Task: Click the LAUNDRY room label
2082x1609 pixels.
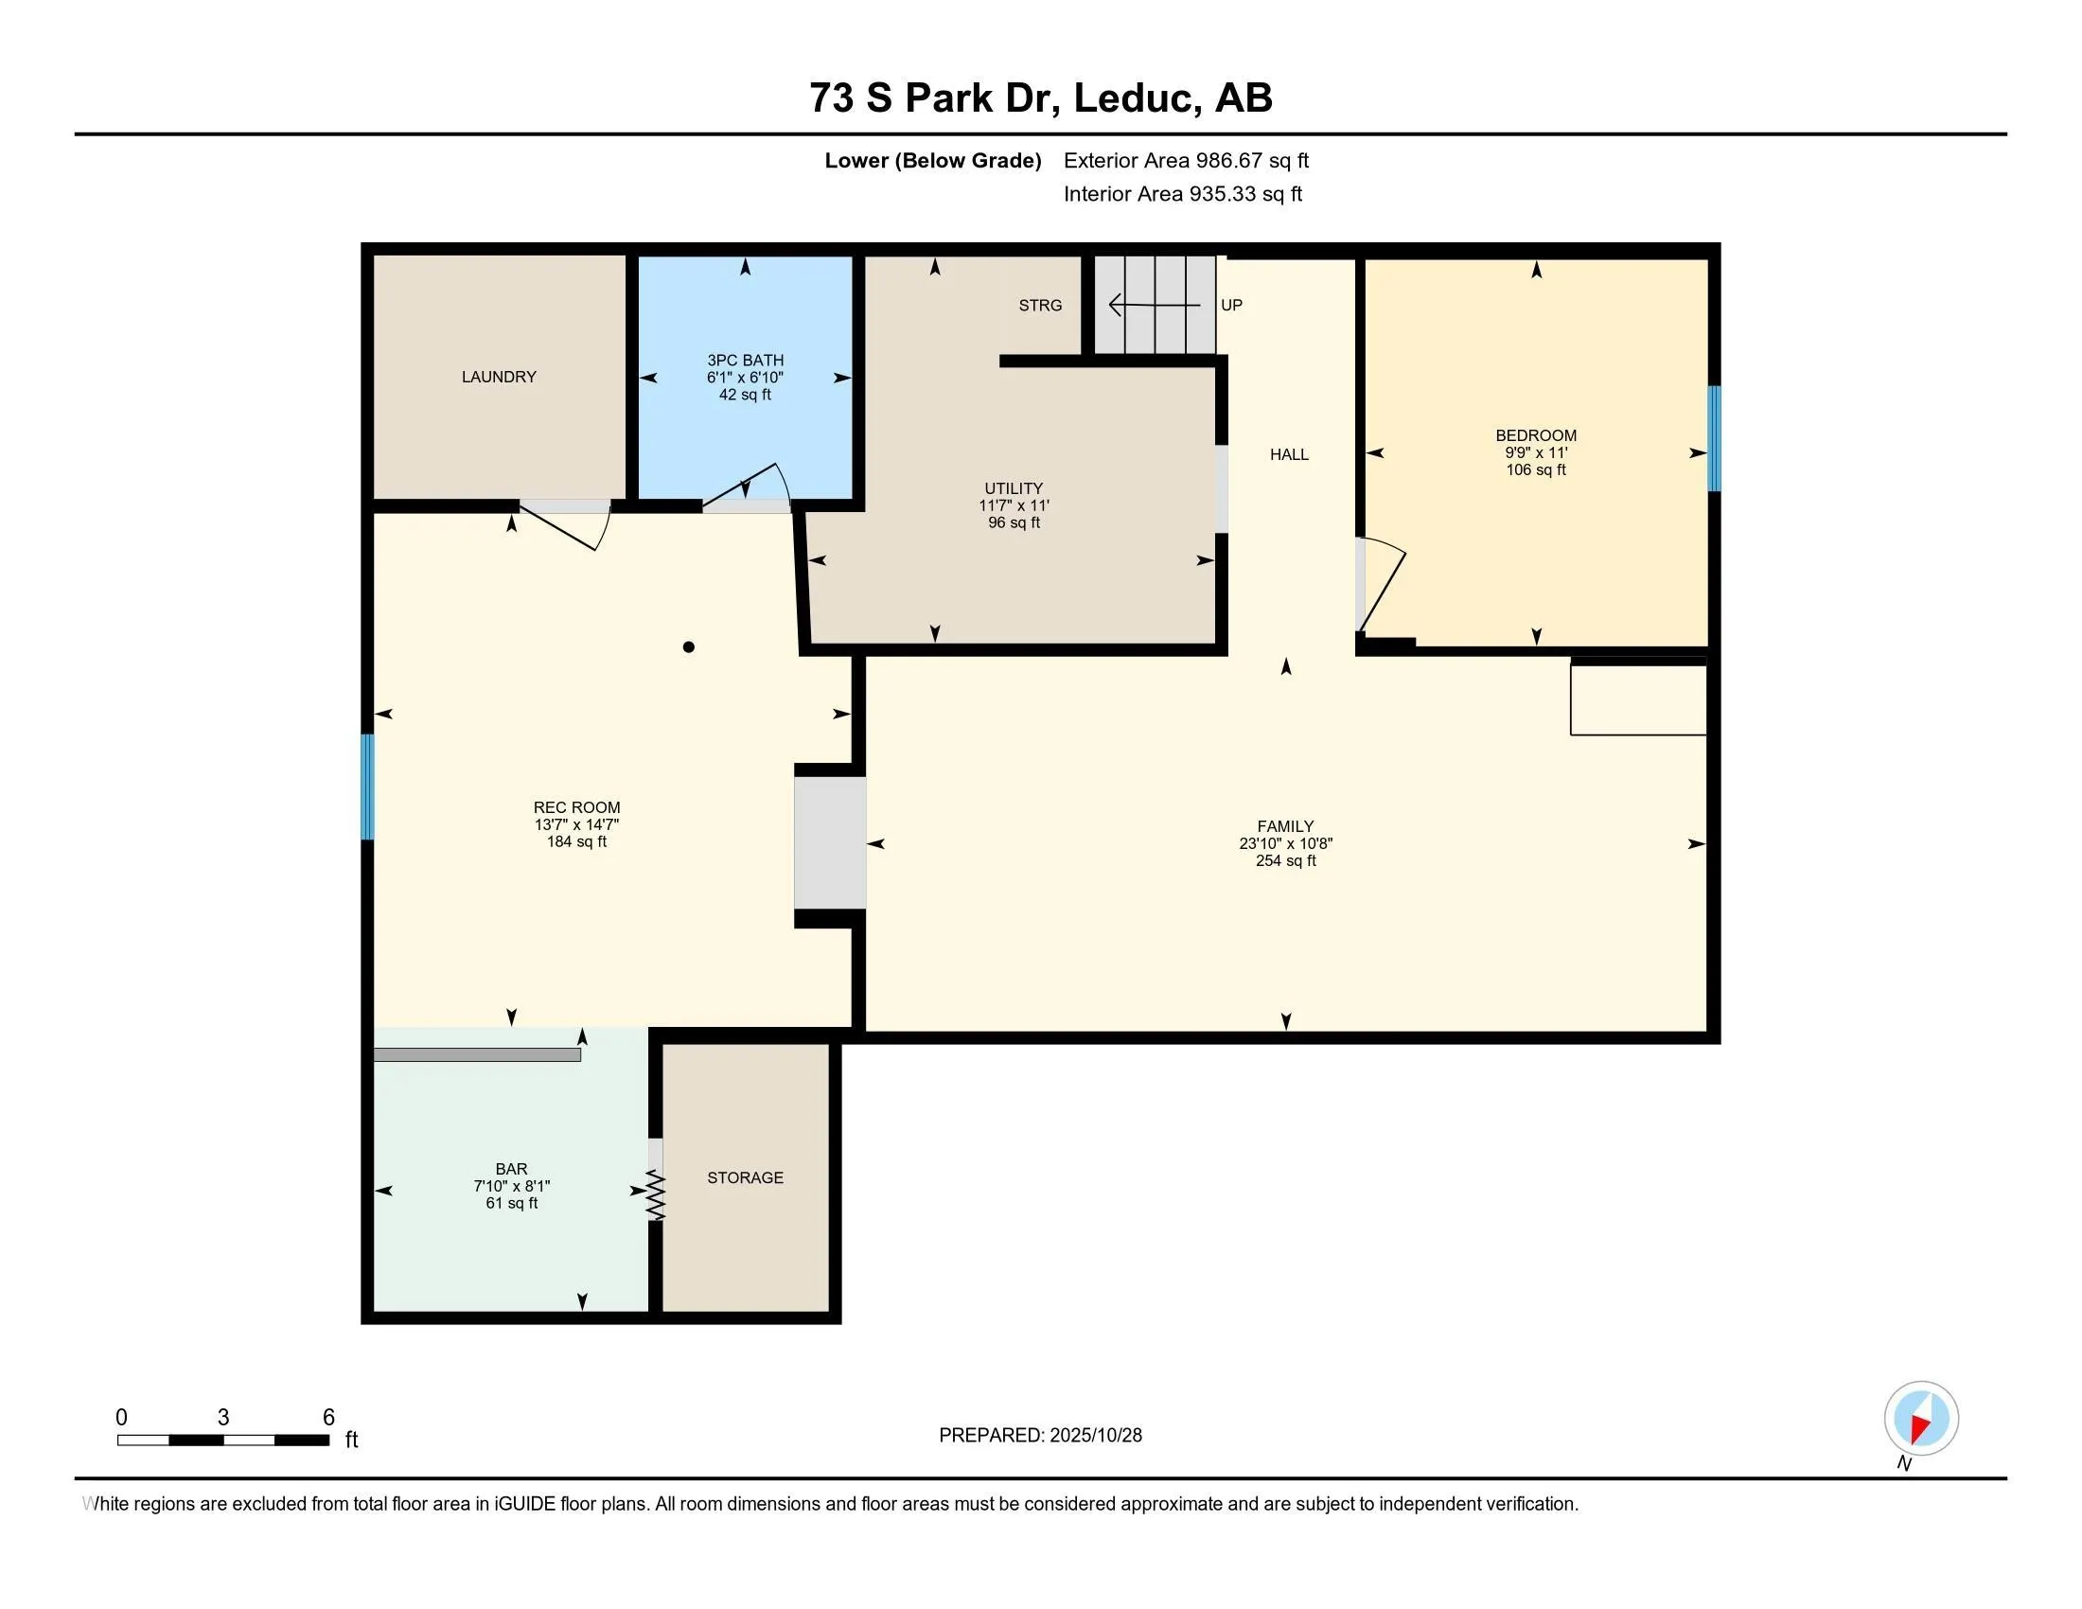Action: pyautogui.click(x=499, y=377)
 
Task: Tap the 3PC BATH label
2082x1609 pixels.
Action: pyautogui.click(x=746, y=361)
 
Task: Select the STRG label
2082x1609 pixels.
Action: pyautogui.click(x=1040, y=305)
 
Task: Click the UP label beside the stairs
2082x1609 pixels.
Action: pyautogui.click(x=1231, y=305)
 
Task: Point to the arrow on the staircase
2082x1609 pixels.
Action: pyautogui.click(x=1155, y=305)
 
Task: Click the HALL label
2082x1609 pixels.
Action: pyautogui.click(x=1289, y=454)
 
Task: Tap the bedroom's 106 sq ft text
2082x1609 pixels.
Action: pyautogui.click(x=1536, y=470)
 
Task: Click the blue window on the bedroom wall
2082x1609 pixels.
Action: pyautogui.click(x=1713, y=438)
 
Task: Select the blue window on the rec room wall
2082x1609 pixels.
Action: pyautogui.click(x=367, y=787)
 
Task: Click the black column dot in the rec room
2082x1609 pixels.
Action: pyautogui.click(x=688, y=647)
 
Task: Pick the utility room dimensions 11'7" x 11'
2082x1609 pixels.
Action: pyautogui.click(x=1014, y=505)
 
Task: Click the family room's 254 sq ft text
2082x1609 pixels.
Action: pyautogui.click(x=1286, y=860)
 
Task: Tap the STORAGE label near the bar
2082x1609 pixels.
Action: pyautogui.click(x=746, y=1178)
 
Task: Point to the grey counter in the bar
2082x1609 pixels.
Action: pyautogui.click(x=478, y=1055)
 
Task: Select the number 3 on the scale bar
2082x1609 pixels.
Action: pyautogui.click(x=223, y=1418)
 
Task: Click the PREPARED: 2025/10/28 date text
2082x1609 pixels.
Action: pyautogui.click(x=1040, y=1436)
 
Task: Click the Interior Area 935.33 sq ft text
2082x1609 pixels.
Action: pyautogui.click(x=1183, y=194)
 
